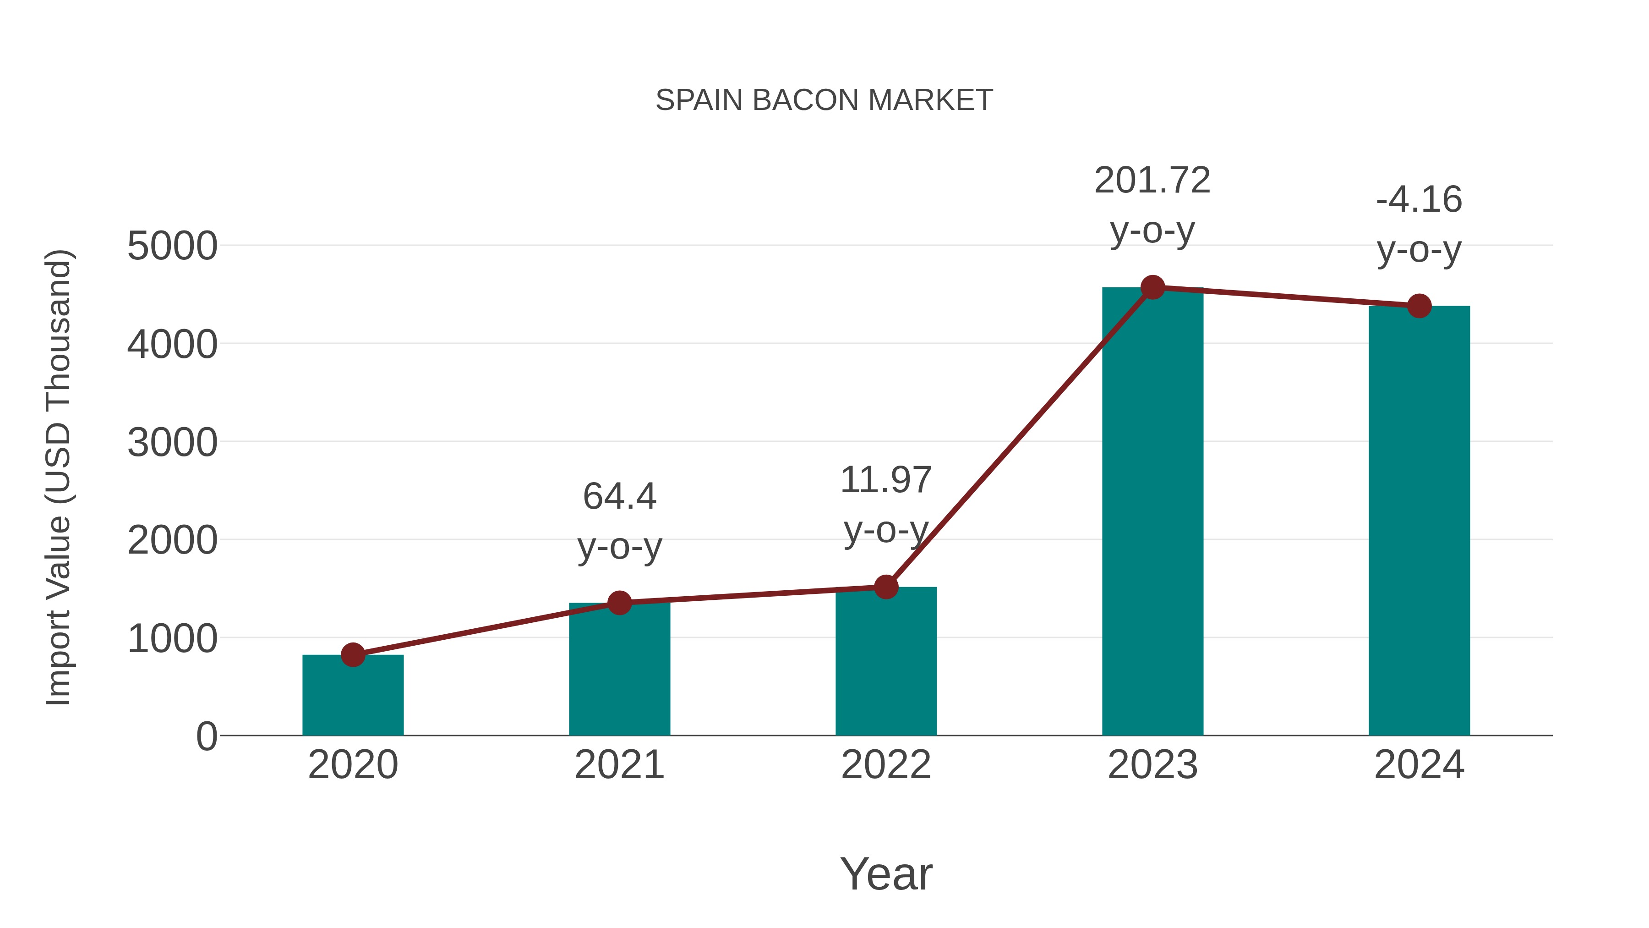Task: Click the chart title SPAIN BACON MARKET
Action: point(824,100)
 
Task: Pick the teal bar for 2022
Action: point(886,663)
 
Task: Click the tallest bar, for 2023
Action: point(1152,512)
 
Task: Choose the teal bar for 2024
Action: point(1419,522)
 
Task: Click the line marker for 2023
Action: point(1152,287)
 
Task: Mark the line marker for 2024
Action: point(1419,306)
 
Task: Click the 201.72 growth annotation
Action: point(1152,181)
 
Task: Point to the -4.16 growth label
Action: point(1419,200)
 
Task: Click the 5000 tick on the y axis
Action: point(172,246)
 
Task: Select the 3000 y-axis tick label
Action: point(172,443)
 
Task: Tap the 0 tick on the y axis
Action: point(206,736)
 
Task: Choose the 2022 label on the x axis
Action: point(886,765)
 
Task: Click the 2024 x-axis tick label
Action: point(1419,765)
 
